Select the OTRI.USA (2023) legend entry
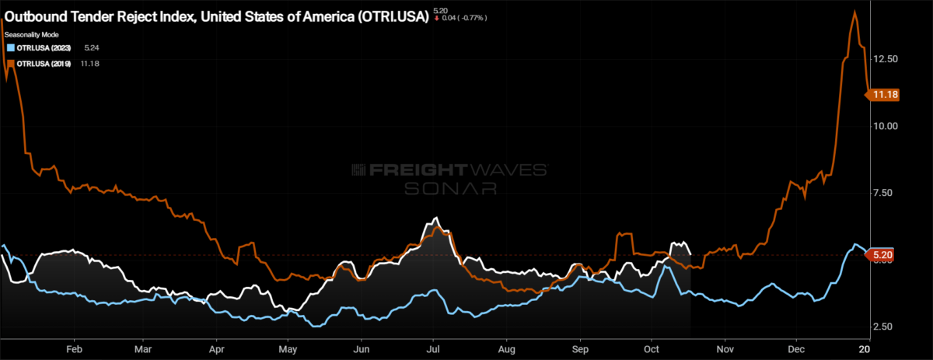point(44,48)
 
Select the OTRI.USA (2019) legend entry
point(44,64)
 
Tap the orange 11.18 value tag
point(886,95)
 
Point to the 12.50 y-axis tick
point(886,59)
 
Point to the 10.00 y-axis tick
point(886,126)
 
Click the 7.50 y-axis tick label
point(886,193)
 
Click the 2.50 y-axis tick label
point(886,327)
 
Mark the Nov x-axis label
point(725,350)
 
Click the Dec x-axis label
point(795,350)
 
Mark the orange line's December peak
point(854,11)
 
